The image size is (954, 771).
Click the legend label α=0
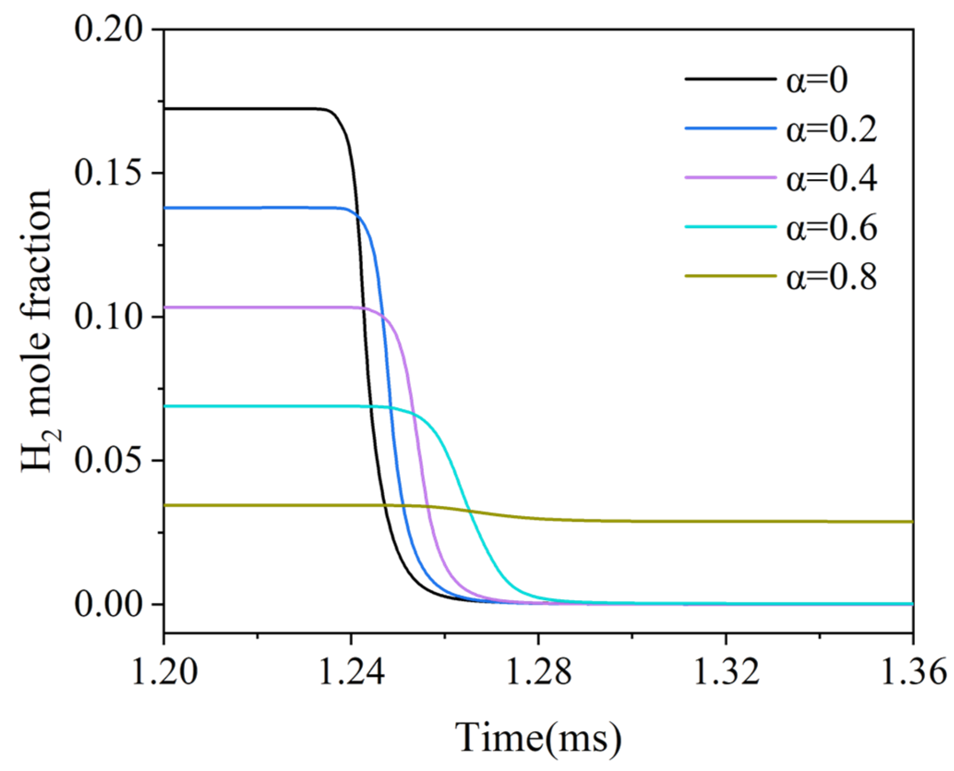[817, 80]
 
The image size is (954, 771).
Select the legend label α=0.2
[831, 130]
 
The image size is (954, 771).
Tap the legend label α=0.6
[831, 228]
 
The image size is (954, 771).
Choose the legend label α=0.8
[831, 277]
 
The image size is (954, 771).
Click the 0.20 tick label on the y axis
[108, 29]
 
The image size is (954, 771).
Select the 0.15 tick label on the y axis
[108, 173]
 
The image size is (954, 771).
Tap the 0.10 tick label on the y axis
[108, 317]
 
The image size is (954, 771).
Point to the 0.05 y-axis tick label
[108, 460]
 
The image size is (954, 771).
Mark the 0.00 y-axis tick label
[108, 604]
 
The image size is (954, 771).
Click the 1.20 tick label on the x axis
[165, 671]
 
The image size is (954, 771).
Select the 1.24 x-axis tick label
[351, 671]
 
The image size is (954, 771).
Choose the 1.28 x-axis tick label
[539, 671]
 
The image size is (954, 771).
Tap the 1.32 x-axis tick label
[726, 671]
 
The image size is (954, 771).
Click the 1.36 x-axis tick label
[912, 671]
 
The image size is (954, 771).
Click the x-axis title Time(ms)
[538, 738]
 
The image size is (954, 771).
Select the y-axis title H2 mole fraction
[37, 331]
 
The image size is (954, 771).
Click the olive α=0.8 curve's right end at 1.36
[911, 522]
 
